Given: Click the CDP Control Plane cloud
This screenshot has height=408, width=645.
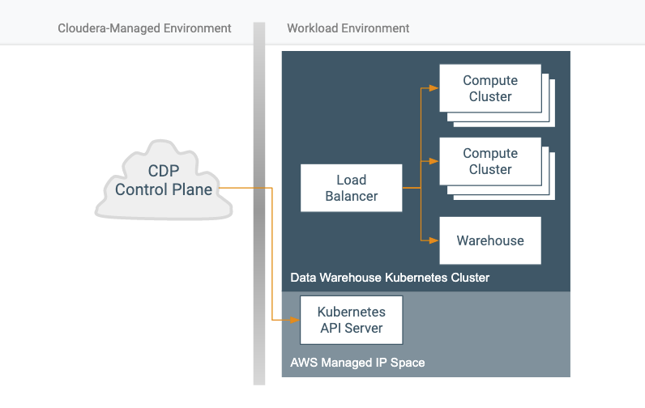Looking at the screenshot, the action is point(164,181).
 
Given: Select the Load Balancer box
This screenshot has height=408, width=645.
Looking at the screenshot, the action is point(352,188).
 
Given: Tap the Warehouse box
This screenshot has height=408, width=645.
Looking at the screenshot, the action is point(490,240).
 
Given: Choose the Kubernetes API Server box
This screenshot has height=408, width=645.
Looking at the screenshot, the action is point(352,320).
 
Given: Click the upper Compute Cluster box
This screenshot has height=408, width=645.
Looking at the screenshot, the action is point(490,88).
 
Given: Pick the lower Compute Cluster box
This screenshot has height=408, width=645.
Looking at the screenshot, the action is point(490,161).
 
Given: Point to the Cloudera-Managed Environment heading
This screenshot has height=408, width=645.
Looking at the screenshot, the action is point(144,28).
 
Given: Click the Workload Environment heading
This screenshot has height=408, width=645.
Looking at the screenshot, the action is point(348,28).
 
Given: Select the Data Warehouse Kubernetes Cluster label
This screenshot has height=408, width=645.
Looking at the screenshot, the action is point(390,278).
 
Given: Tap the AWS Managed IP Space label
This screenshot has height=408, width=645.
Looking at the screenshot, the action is point(357,363).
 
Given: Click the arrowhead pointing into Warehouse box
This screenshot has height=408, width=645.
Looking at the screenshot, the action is point(434,240).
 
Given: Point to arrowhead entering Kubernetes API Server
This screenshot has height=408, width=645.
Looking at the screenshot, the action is point(295,320).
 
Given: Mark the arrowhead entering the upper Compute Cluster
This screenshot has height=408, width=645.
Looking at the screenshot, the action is point(434,88).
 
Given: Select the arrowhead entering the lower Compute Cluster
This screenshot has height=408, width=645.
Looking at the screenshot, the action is point(434,161).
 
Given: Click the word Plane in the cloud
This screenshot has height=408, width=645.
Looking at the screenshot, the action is point(192,189).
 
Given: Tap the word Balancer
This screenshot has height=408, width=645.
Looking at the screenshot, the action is point(352,197).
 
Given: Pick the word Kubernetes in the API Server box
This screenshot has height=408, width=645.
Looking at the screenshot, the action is point(352,312).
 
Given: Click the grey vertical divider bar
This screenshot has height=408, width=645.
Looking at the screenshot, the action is point(259,203).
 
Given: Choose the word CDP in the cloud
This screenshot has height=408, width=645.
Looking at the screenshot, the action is point(164,171).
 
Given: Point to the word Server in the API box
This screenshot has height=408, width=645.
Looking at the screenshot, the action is point(363,329).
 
